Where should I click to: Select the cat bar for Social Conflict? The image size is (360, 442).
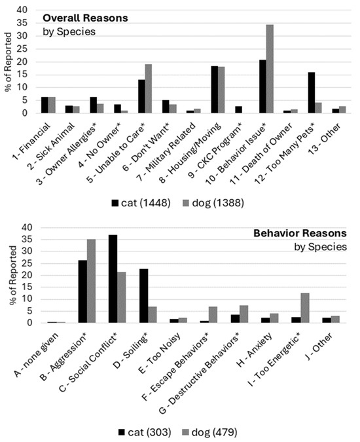pyautogui.click(x=113, y=278)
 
